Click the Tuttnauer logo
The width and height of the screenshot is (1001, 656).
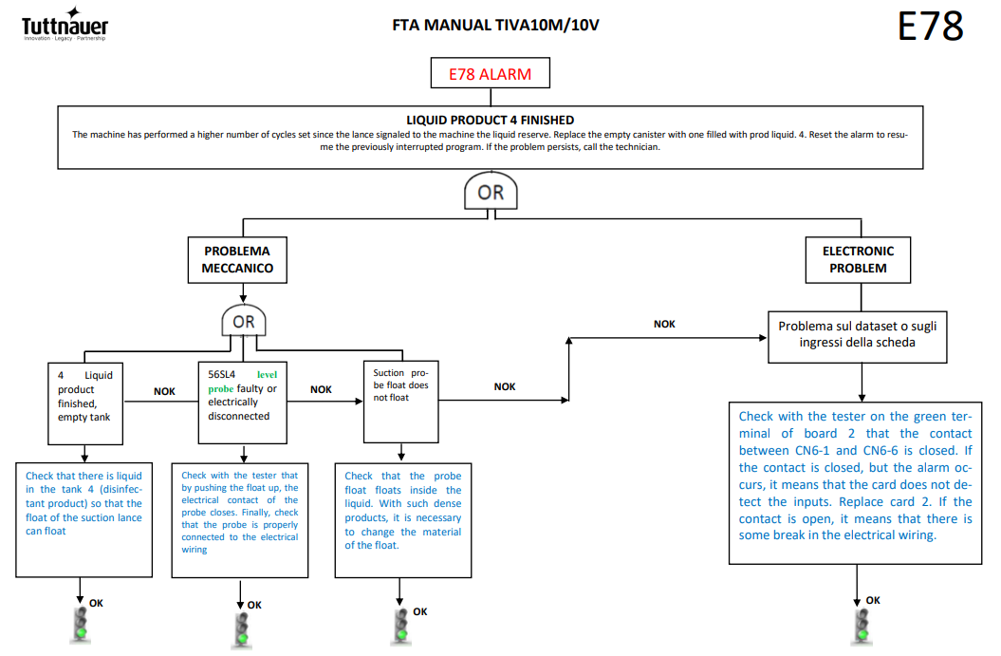point(65,25)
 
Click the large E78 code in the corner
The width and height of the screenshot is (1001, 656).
point(930,27)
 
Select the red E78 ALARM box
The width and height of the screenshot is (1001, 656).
point(491,73)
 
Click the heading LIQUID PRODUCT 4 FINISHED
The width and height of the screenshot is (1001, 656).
point(491,120)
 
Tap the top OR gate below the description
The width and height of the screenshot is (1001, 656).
point(491,191)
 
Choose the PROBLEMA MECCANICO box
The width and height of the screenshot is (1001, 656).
point(237,260)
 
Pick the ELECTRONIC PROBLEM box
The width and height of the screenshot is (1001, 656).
point(858,260)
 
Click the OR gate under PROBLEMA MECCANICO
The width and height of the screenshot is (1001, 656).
point(243,321)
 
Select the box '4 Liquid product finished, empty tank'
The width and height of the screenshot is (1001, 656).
point(85,403)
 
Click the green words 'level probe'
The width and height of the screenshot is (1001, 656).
point(243,382)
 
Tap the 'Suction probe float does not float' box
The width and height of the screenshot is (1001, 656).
point(401,402)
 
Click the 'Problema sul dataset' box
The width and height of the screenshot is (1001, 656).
point(858,337)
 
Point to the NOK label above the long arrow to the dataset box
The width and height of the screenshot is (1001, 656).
point(664,325)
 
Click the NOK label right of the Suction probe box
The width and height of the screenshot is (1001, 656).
point(505,387)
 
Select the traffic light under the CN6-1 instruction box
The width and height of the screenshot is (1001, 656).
point(862,626)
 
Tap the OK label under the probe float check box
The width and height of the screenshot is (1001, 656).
point(420,612)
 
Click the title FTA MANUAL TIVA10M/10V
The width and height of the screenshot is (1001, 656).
point(495,26)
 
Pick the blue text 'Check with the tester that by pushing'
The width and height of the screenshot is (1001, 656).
point(239,481)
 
